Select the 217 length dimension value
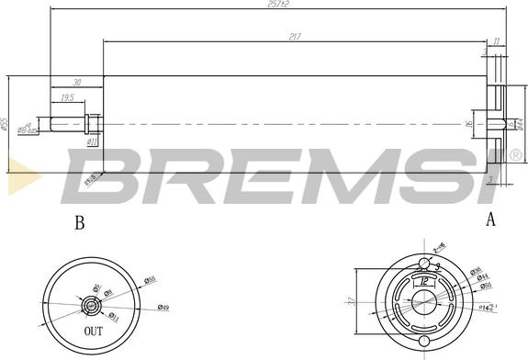click(x=294, y=38)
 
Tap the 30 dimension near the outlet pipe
click(x=77, y=83)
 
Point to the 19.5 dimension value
click(x=67, y=97)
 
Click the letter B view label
click(x=79, y=221)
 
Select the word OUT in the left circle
click(x=94, y=331)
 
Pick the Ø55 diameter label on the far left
click(x=6, y=123)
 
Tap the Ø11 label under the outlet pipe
click(x=92, y=142)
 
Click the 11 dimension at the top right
click(x=497, y=42)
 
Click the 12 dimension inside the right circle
click(x=425, y=283)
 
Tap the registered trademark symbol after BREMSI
click(x=515, y=154)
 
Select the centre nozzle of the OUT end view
click(x=92, y=303)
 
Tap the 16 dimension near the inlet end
click(x=468, y=124)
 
